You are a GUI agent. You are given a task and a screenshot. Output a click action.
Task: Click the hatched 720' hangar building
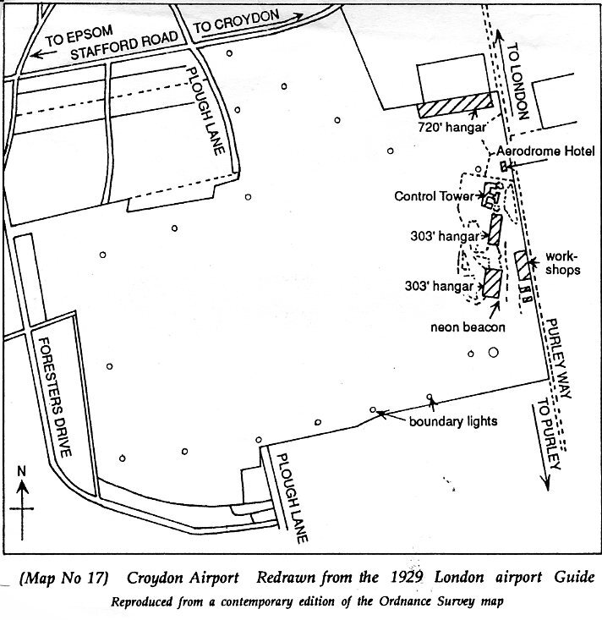(455, 107)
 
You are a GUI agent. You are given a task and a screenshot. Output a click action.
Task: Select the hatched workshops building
(523, 266)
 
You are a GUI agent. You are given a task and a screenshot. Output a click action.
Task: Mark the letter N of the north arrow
(22, 470)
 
